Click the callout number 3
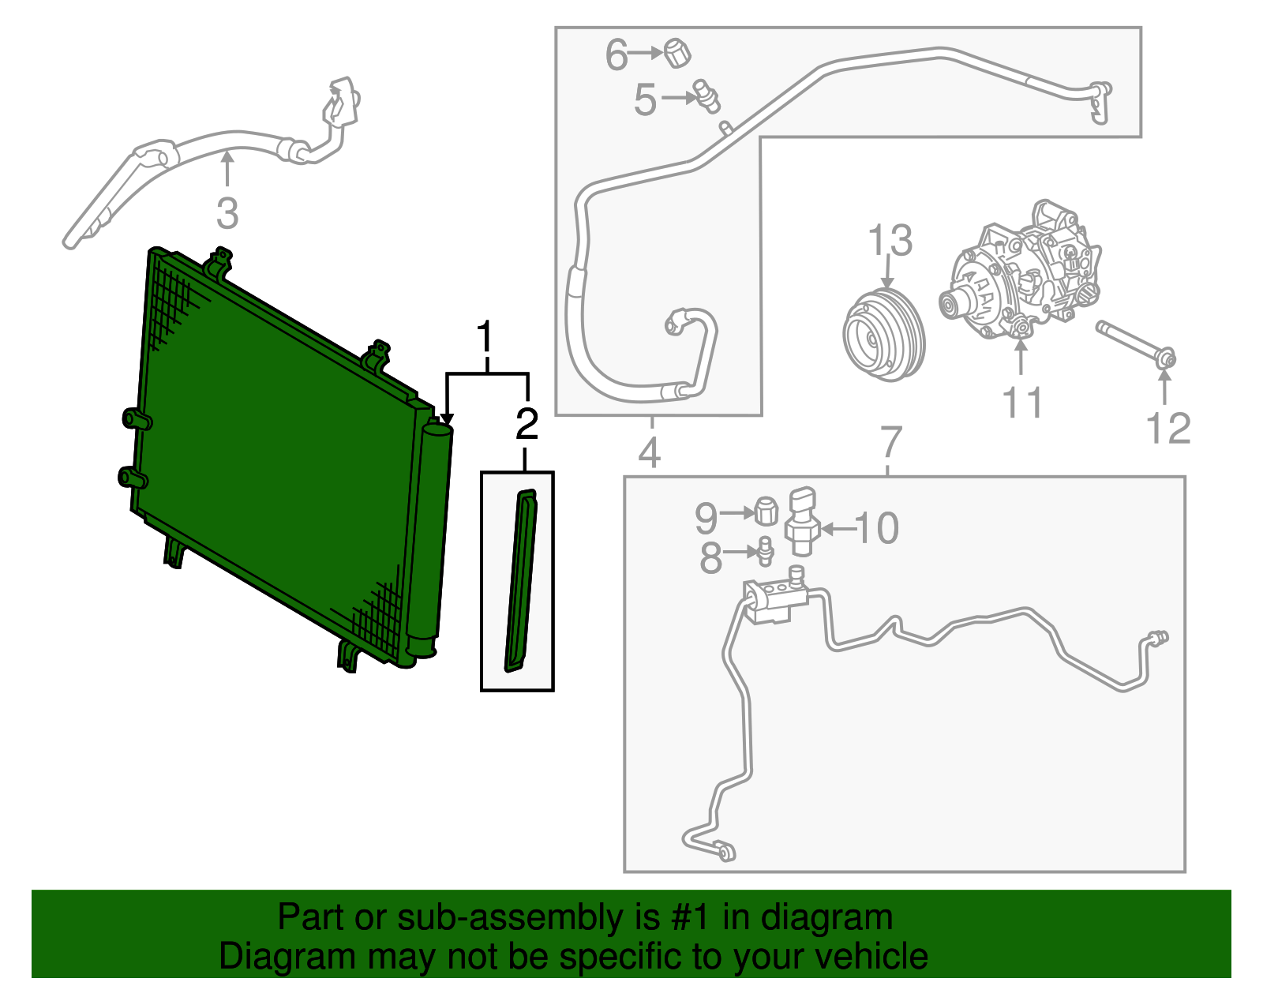click(227, 214)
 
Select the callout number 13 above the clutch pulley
click(890, 241)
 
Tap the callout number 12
click(1167, 429)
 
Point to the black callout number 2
click(527, 425)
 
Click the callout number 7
click(890, 443)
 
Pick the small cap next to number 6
click(677, 53)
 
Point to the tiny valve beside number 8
click(764, 550)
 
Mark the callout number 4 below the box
click(650, 453)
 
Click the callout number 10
click(877, 528)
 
